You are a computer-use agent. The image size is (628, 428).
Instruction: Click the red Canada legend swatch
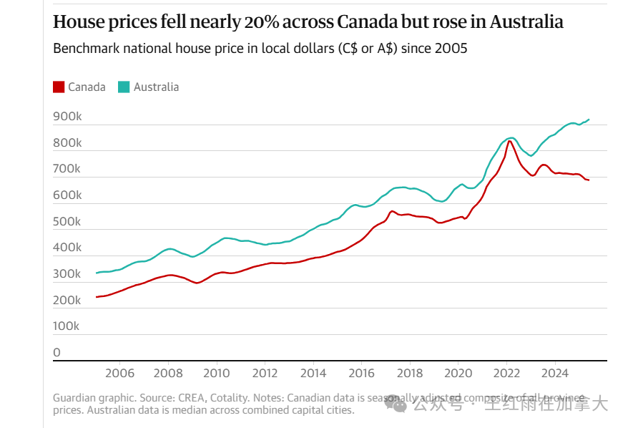(59, 87)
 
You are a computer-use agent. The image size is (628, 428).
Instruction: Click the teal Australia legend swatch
(124, 87)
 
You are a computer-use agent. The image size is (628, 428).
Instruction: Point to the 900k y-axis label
(67, 117)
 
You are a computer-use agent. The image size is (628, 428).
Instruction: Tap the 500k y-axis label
(67, 222)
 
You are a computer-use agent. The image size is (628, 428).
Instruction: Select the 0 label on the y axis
(57, 353)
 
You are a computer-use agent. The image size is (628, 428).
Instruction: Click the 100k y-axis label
(67, 326)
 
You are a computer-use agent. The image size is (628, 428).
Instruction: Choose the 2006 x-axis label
(119, 373)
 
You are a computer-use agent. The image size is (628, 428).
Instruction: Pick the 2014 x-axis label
(313, 373)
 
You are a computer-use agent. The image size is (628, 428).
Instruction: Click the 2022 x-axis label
(507, 373)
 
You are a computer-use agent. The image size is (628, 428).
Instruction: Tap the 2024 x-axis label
(556, 373)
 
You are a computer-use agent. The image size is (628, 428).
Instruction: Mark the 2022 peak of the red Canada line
(509, 140)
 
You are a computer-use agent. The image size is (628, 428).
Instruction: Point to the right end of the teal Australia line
(589, 120)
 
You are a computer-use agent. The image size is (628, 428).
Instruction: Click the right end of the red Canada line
(589, 180)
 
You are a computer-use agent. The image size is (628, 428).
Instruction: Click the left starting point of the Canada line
(97, 296)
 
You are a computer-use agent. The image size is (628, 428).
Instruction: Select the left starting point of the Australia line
(97, 273)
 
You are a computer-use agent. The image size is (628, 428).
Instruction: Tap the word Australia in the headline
(526, 22)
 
